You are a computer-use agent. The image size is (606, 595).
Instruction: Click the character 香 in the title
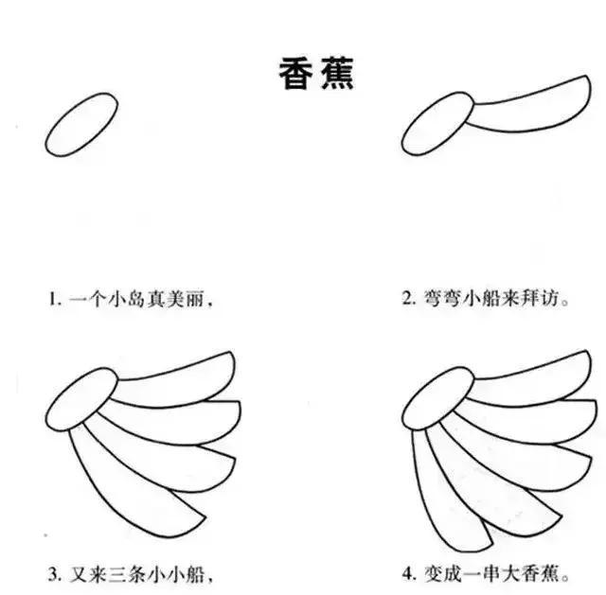tap(294, 71)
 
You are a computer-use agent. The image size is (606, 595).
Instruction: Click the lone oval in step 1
tap(81, 124)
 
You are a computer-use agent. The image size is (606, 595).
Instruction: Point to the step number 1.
tap(53, 300)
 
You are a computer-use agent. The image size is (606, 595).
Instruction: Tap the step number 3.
tap(53, 573)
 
